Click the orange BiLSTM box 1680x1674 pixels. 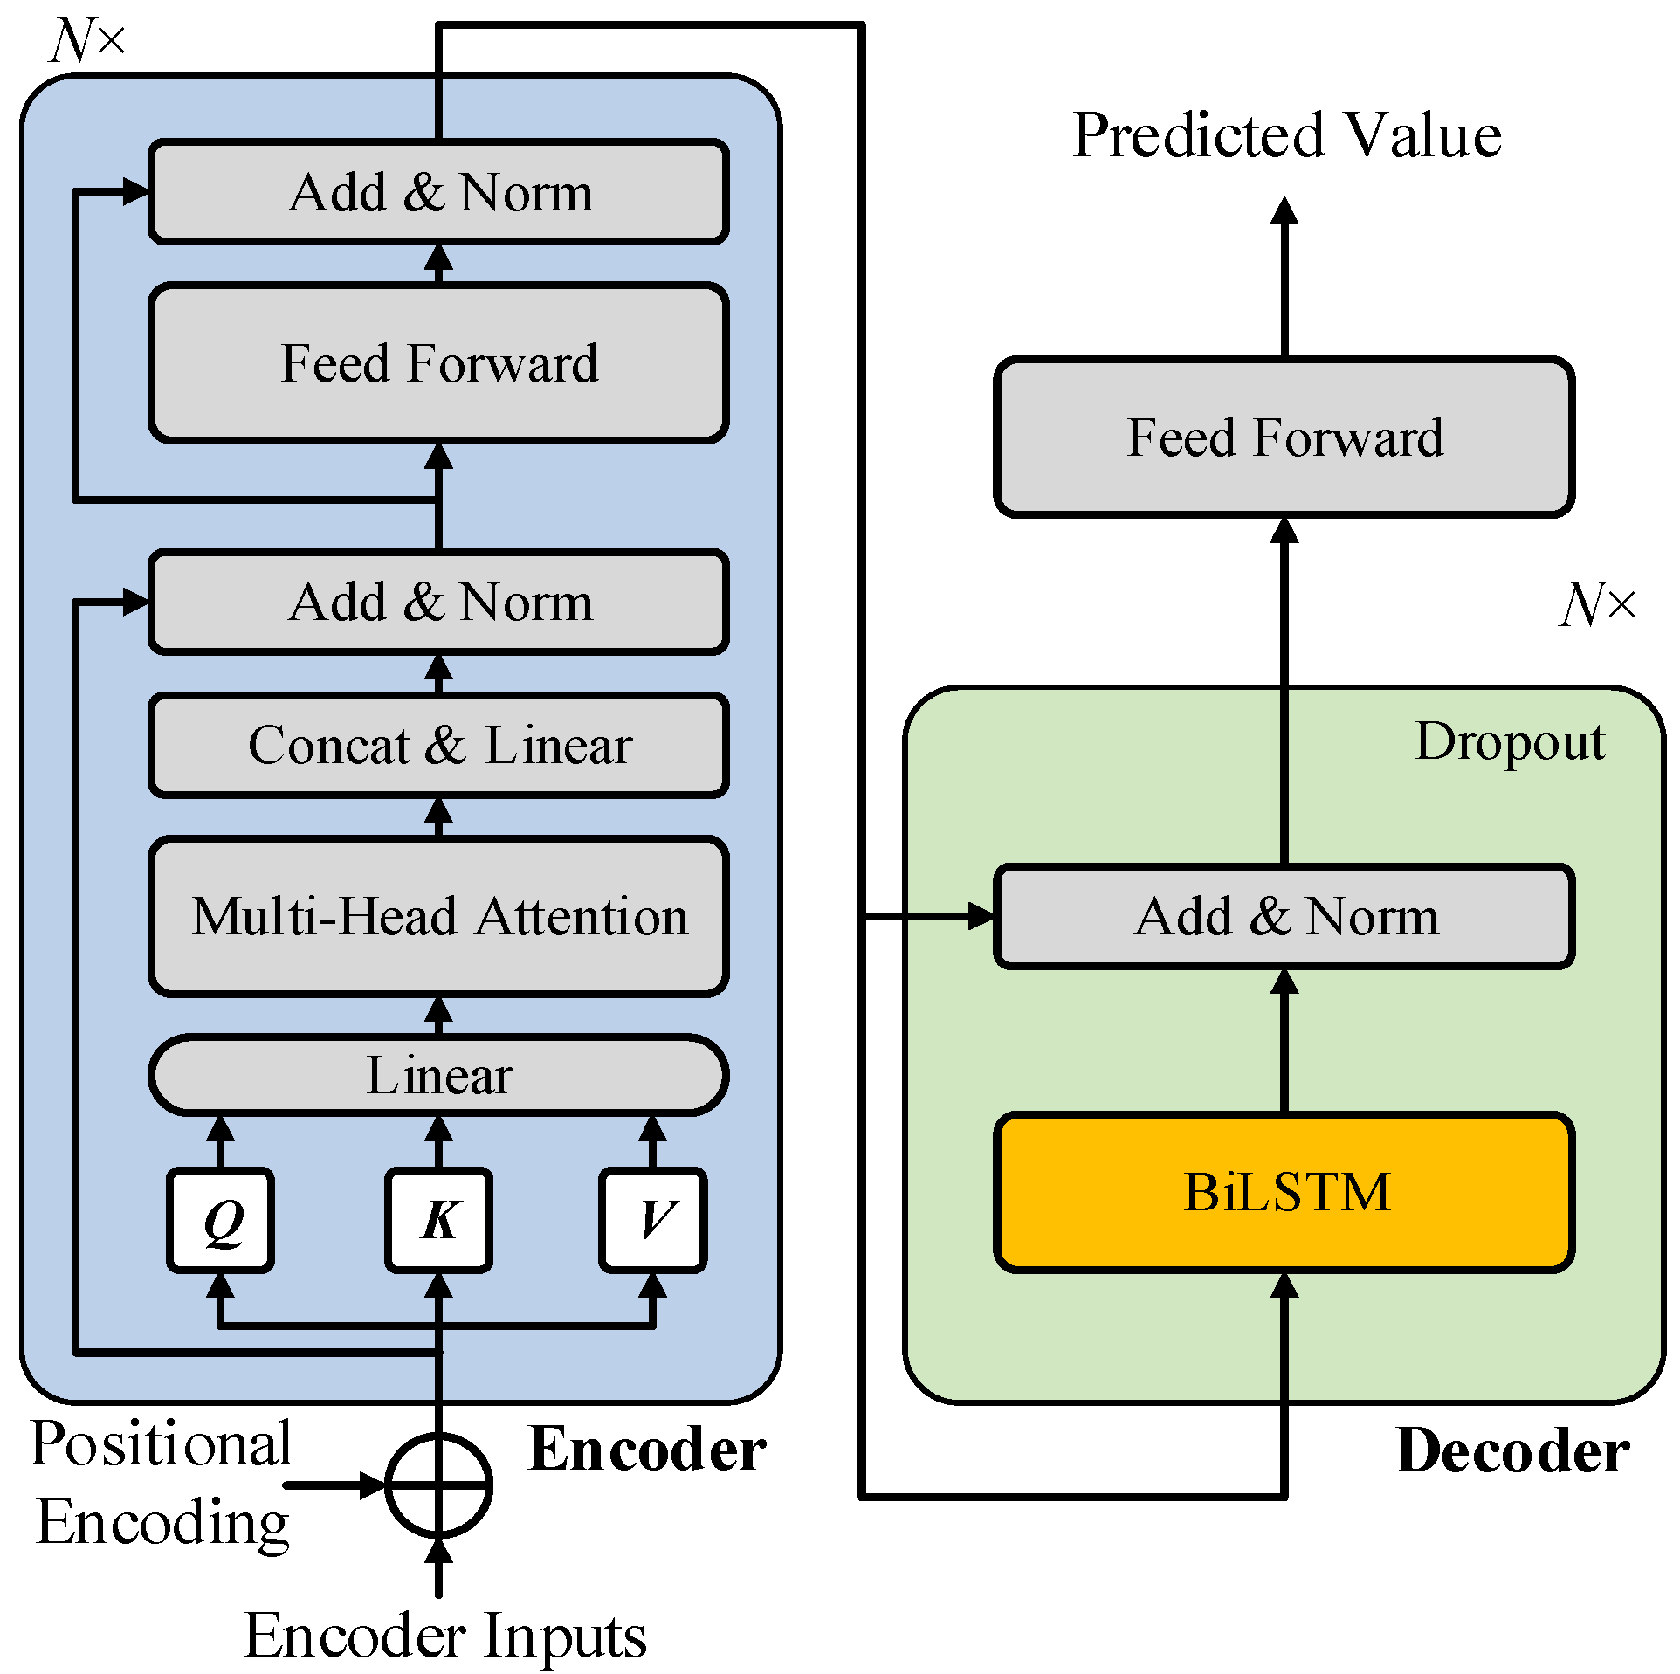[x=1284, y=1192]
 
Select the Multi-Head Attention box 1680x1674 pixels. [x=438, y=916]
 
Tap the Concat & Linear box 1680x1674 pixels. [x=438, y=745]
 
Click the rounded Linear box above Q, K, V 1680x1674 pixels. [x=438, y=1075]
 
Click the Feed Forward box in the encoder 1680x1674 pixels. [x=438, y=362]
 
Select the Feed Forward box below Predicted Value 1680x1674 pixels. [x=1284, y=437]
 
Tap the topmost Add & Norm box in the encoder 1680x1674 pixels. [x=438, y=191]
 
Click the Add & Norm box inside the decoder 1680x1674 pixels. [x=1284, y=916]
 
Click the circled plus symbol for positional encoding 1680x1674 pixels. [x=438, y=1485]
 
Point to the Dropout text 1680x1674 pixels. [x=1509, y=742]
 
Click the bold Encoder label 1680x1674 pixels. [x=647, y=1450]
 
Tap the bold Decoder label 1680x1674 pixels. [x=1512, y=1451]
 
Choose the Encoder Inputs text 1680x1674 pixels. [x=445, y=1635]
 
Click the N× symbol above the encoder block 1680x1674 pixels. [x=87, y=40]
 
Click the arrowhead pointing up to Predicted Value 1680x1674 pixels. [x=1284, y=211]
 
